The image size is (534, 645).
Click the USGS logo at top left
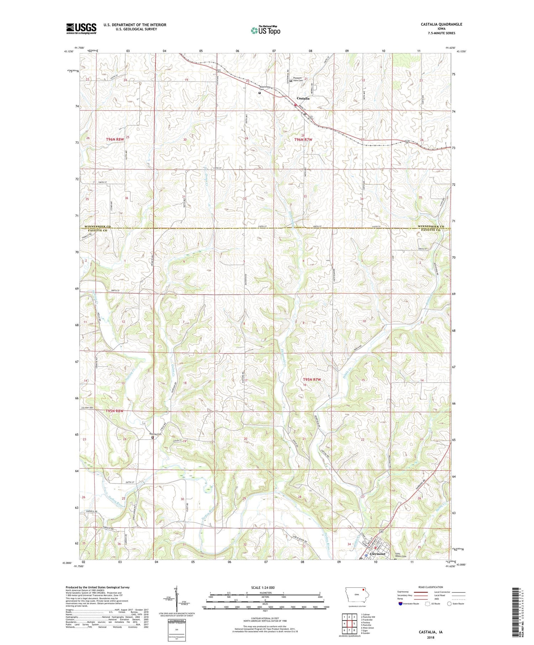point(81,28)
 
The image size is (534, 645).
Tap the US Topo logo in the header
point(265,31)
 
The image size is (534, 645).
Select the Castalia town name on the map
point(303,98)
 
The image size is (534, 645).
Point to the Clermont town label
point(378,554)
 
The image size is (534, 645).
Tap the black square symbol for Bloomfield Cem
point(260,93)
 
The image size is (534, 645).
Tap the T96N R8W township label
point(115,139)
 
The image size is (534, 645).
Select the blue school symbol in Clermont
point(367,555)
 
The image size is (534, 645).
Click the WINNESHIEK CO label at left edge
point(96,226)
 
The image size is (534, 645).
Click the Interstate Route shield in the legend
point(400,603)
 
